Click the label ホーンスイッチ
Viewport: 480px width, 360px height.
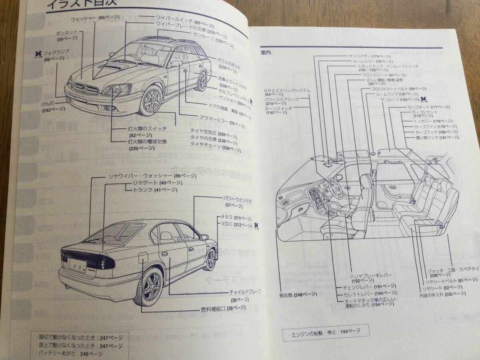pos(278,108)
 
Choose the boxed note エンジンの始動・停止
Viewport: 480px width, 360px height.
pos(324,331)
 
